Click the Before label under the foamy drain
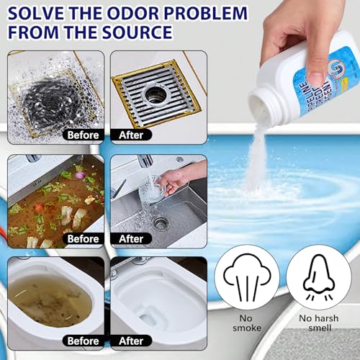tap(81, 135)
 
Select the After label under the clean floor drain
tap(131, 135)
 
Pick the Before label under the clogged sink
tap(81, 238)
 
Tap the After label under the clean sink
tap(131, 238)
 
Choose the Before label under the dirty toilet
tap(81, 341)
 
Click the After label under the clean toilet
tap(131, 341)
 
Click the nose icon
tap(318, 277)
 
